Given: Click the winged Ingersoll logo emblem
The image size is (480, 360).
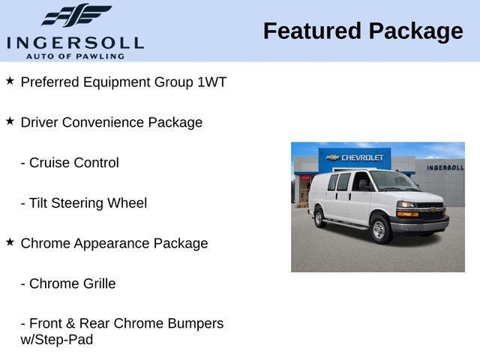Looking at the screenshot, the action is click(x=76, y=15).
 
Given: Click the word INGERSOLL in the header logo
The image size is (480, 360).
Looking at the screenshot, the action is click(x=75, y=43).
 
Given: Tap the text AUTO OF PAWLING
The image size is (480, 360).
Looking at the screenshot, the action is click(x=75, y=56).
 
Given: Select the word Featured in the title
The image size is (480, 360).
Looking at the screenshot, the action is click(x=312, y=31).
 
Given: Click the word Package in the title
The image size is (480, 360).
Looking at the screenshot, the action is click(x=416, y=31).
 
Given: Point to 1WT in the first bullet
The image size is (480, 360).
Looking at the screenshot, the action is click(x=211, y=82).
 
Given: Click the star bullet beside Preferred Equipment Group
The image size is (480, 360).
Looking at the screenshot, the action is click(x=10, y=81).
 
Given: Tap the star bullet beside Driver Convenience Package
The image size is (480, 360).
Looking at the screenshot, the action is click(x=10, y=121).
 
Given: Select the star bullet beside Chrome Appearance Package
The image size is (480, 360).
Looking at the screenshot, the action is click(x=10, y=241).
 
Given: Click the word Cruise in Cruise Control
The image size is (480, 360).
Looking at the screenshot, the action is click(x=49, y=163).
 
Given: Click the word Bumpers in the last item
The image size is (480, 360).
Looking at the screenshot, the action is click(x=196, y=324).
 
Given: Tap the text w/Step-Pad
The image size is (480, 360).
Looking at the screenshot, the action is click(x=57, y=340).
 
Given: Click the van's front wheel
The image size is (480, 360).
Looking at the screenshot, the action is click(x=380, y=229).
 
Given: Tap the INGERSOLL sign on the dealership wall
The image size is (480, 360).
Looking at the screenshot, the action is click(x=445, y=167).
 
